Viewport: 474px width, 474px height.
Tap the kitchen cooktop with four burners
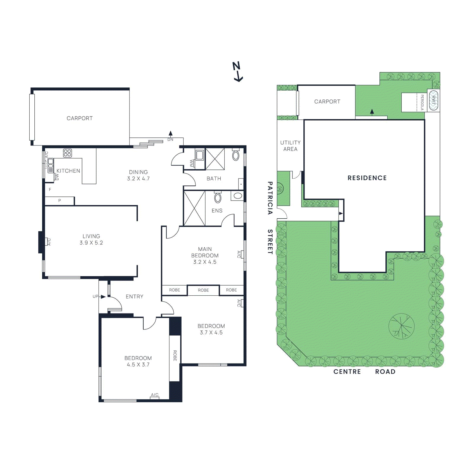pyautogui.click(x=67, y=153)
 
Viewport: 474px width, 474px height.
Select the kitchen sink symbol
pyautogui.click(x=51, y=164)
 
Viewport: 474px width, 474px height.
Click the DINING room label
pyautogui.click(x=138, y=172)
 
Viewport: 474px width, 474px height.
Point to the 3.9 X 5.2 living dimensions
pyautogui.click(x=91, y=243)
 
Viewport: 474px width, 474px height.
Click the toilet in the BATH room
pyautogui.click(x=236, y=155)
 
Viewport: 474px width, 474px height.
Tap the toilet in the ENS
pyautogui.click(x=218, y=198)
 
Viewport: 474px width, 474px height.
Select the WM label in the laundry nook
pyautogui.click(x=191, y=163)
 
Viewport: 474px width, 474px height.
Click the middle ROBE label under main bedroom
pyautogui.click(x=203, y=290)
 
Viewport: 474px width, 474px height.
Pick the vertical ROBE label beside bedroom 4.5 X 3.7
pyautogui.click(x=175, y=355)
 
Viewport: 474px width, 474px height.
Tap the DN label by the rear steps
pyautogui.click(x=170, y=140)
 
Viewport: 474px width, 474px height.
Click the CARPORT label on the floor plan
pyautogui.click(x=79, y=118)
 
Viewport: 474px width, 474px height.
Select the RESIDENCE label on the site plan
pyautogui.click(x=367, y=178)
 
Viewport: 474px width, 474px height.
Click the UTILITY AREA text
pyautogui.click(x=290, y=146)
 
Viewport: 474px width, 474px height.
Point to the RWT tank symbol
pyautogui.click(x=433, y=100)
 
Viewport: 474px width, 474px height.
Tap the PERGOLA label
pyautogui.click(x=422, y=103)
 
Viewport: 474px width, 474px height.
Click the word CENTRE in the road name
pyautogui.click(x=347, y=371)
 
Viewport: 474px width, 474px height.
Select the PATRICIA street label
pyautogui.click(x=270, y=198)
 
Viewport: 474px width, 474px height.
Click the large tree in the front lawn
pyautogui.click(x=401, y=326)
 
